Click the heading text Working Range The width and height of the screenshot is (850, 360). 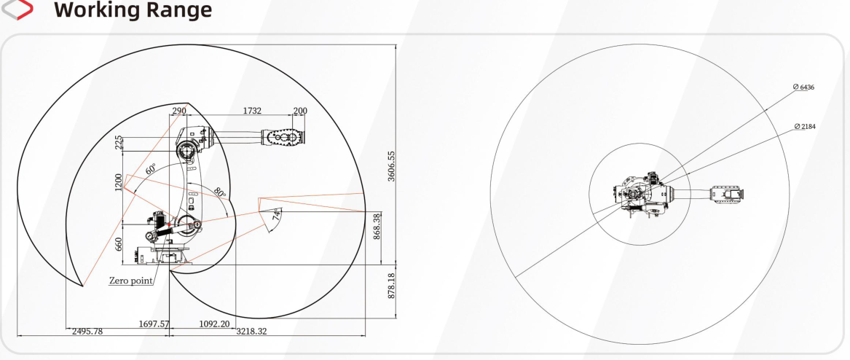[133, 9]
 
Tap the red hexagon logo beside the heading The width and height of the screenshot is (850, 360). [17, 9]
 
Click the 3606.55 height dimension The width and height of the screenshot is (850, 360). [391, 166]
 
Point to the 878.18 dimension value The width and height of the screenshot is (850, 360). [392, 285]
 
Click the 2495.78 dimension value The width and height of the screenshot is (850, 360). [87, 332]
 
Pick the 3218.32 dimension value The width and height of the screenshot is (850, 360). [251, 332]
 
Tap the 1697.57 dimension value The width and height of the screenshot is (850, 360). [154, 324]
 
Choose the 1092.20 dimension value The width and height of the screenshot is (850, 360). [214, 324]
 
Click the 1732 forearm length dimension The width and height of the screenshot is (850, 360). [251, 111]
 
